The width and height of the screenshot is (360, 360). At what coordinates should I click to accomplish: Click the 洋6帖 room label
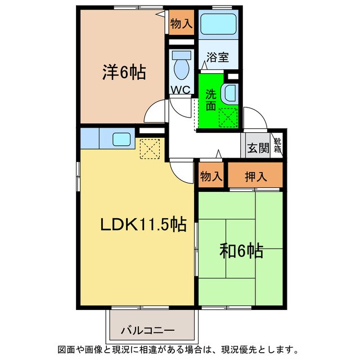pos(124,73)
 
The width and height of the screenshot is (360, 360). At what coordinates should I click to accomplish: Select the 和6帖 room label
pos(241,251)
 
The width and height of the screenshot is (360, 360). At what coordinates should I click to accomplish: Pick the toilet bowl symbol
pos(181,66)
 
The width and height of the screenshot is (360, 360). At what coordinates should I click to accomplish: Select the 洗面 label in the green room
pos(210,100)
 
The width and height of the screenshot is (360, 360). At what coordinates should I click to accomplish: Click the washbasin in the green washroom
pos(229,93)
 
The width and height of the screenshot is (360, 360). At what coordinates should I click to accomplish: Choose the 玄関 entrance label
pos(258,148)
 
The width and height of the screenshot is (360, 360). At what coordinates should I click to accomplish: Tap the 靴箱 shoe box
pos(278,145)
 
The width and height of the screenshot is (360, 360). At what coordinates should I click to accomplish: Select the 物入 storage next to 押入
pos(211,177)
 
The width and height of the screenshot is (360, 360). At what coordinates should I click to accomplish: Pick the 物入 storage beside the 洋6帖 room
pos(182,24)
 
